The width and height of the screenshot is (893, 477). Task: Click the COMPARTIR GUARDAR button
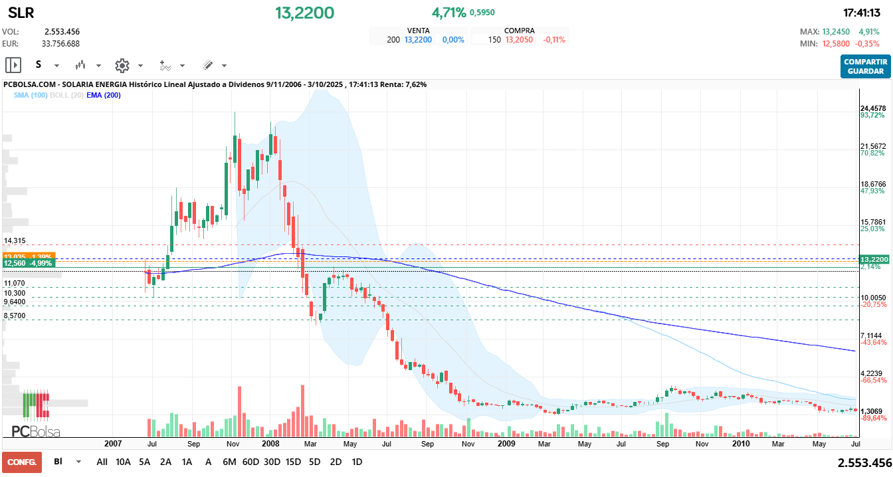click(x=865, y=66)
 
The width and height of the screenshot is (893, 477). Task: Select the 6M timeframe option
click(x=229, y=462)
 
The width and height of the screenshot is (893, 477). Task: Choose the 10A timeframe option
click(x=123, y=462)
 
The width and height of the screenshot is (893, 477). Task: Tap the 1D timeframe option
click(x=357, y=462)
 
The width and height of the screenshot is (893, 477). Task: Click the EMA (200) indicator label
click(x=104, y=95)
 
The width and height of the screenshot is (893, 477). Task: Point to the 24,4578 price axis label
click(x=873, y=108)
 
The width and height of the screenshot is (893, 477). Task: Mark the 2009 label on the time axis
click(x=506, y=443)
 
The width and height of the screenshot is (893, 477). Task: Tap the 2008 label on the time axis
click(x=270, y=443)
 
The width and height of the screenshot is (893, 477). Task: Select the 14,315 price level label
click(x=15, y=240)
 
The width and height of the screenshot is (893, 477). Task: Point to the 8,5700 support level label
click(x=15, y=316)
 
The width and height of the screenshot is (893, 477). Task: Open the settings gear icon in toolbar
click(x=122, y=65)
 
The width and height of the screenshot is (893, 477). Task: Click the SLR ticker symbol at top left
click(x=21, y=13)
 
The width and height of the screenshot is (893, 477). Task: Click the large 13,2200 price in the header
click(x=305, y=13)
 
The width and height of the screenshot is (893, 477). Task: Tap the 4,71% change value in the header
click(x=448, y=13)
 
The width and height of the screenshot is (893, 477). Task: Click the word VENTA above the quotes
click(x=418, y=31)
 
